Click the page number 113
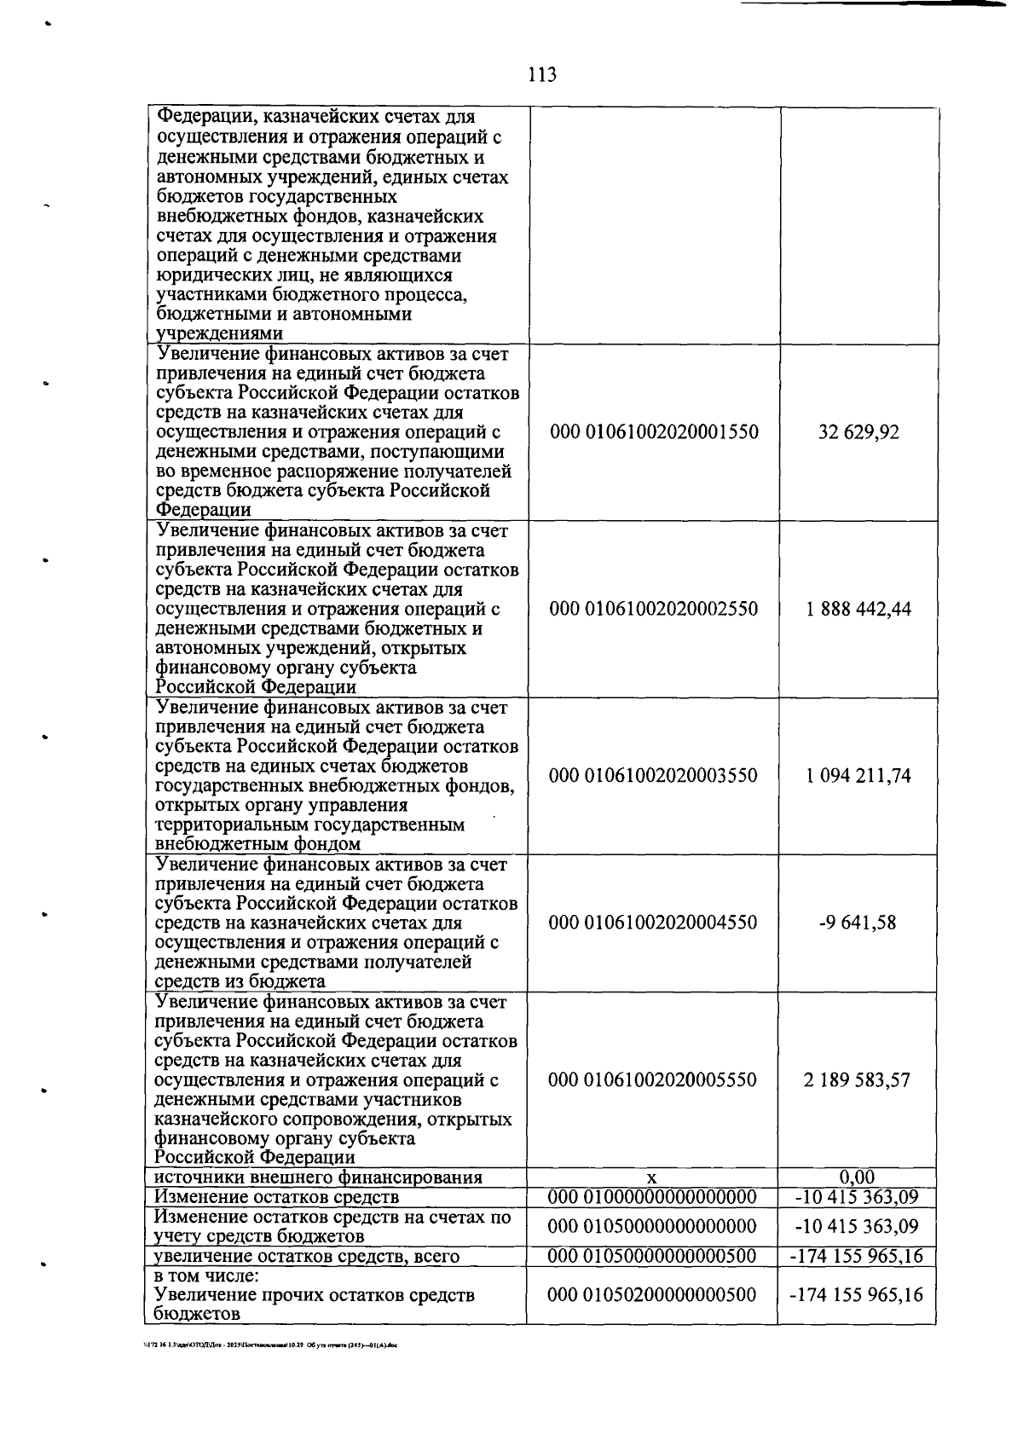(x=541, y=75)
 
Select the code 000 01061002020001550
(x=654, y=432)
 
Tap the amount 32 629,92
(x=858, y=432)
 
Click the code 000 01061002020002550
(x=654, y=609)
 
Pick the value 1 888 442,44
(x=858, y=609)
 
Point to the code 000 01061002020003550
(x=653, y=776)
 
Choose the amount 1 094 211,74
(x=858, y=776)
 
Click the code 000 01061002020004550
(x=653, y=923)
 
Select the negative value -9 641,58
(x=857, y=923)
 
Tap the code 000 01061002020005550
(x=652, y=1080)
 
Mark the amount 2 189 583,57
(x=857, y=1080)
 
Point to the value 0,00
(x=857, y=1177)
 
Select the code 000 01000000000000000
(x=652, y=1197)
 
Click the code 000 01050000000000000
(x=652, y=1226)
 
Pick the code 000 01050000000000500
(x=652, y=1256)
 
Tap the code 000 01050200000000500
(x=652, y=1295)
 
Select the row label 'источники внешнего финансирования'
(x=318, y=1178)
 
